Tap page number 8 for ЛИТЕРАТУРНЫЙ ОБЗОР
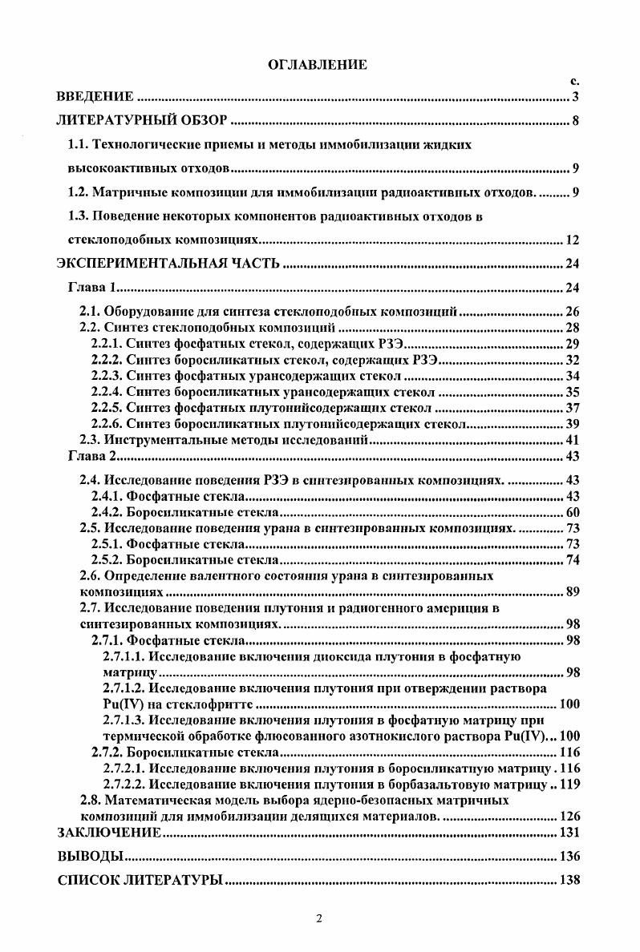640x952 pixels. tap(576, 122)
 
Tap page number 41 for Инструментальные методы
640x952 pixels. tap(572, 440)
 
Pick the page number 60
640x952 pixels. tap(572, 512)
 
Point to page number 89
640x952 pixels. tap(572, 592)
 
